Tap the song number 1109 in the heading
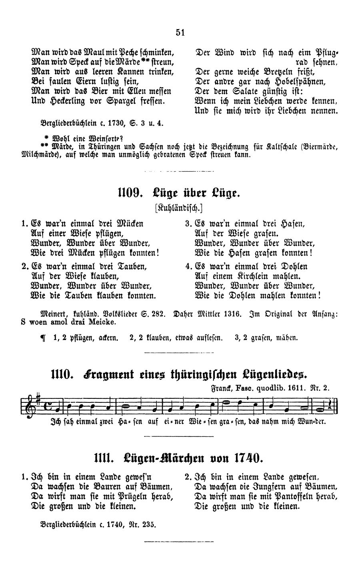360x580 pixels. [x=129, y=194]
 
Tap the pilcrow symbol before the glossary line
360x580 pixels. [x=43, y=338]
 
